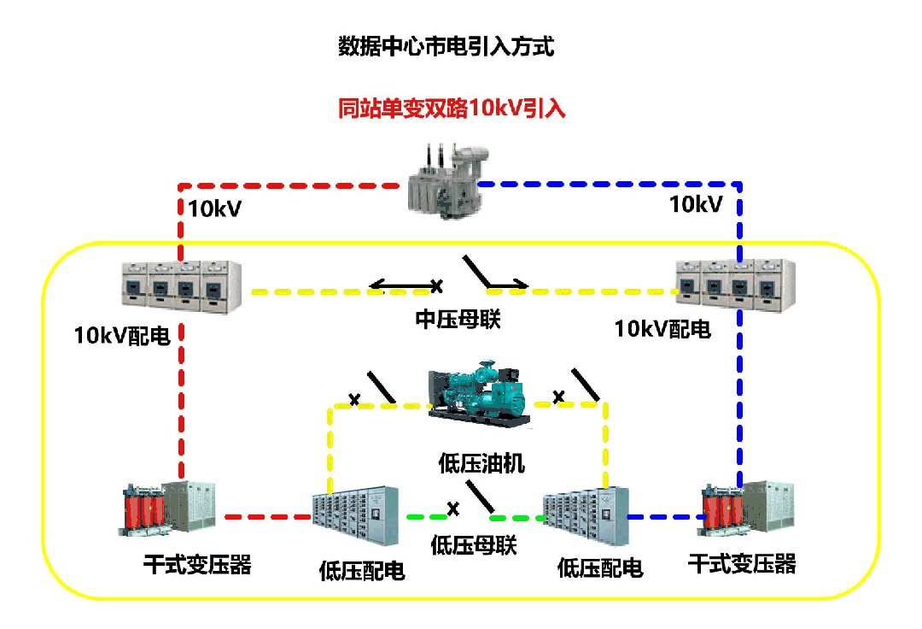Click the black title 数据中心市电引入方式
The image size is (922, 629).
click(446, 46)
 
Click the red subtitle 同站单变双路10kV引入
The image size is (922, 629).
click(452, 109)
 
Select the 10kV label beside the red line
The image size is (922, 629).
click(214, 208)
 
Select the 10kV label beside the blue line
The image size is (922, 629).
click(696, 204)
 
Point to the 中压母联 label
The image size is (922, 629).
click(458, 319)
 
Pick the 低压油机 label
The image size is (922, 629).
click(481, 464)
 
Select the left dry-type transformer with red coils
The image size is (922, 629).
click(169, 509)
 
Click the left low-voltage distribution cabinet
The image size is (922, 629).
click(354, 516)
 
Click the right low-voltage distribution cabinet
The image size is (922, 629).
click(586, 518)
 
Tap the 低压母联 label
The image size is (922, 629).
click(474, 545)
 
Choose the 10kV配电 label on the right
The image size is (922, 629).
click(662, 329)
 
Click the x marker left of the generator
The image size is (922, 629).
click(354, 399)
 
